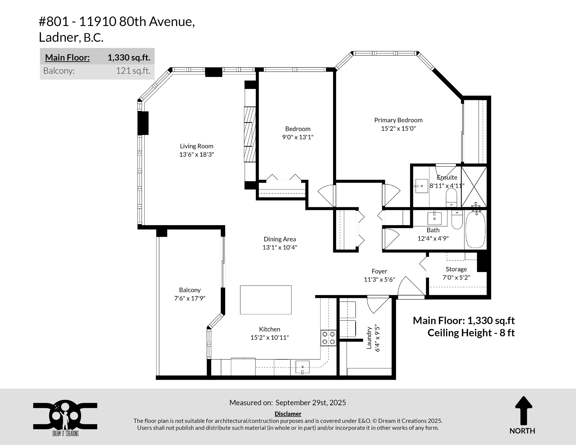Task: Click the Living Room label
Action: [x=197, y=146]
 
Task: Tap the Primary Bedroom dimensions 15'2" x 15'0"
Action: [x=398, y=128]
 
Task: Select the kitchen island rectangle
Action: [x=265, y=300]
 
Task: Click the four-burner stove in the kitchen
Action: [x=328, y=338]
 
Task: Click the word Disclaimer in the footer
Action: [x=288, y=414]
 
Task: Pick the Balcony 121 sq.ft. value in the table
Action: [x=133, y=71]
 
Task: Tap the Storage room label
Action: [x=456, y=269]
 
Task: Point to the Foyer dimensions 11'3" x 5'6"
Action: [x=379, y=279]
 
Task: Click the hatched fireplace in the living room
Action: [x=250, y=134]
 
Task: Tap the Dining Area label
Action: [x=280, y=239]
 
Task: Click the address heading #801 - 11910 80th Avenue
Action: [x=117, y=21]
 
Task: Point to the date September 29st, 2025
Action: [x=311, y=403]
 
